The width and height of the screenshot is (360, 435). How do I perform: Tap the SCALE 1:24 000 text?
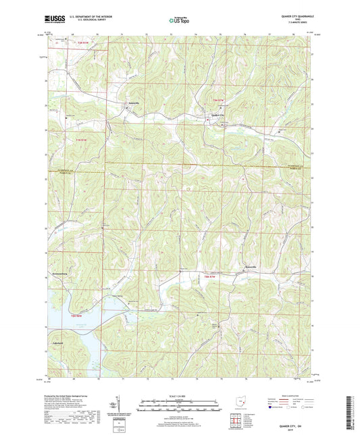coord(180,396)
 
